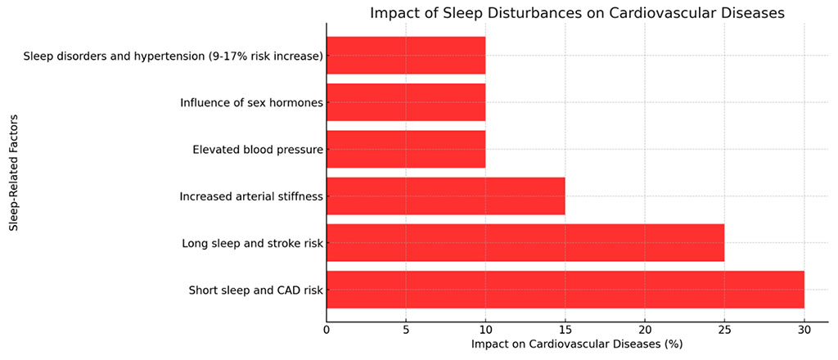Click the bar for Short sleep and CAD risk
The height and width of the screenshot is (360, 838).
(565, 290)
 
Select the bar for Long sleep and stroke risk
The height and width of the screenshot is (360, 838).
(525, 243)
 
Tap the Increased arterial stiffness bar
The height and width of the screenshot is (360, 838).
(445, 196)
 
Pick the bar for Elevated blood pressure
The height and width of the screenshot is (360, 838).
(406, 150)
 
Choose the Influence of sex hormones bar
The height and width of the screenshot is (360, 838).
(406, 103)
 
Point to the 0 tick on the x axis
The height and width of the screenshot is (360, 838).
(327, 330)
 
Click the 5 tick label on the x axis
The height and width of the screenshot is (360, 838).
(406, 330)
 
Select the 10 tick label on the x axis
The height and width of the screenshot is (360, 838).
(485, 330)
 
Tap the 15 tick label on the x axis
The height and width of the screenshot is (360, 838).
(565, 330)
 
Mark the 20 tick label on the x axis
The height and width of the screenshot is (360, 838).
(645, 330)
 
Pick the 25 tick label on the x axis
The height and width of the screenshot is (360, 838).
(724, 330)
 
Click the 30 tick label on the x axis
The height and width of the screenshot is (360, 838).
(804, 330)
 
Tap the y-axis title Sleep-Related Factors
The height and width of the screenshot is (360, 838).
(14, 173)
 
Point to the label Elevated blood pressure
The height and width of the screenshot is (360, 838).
(258, 150)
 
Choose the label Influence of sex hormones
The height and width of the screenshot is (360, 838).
(251, 103)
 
